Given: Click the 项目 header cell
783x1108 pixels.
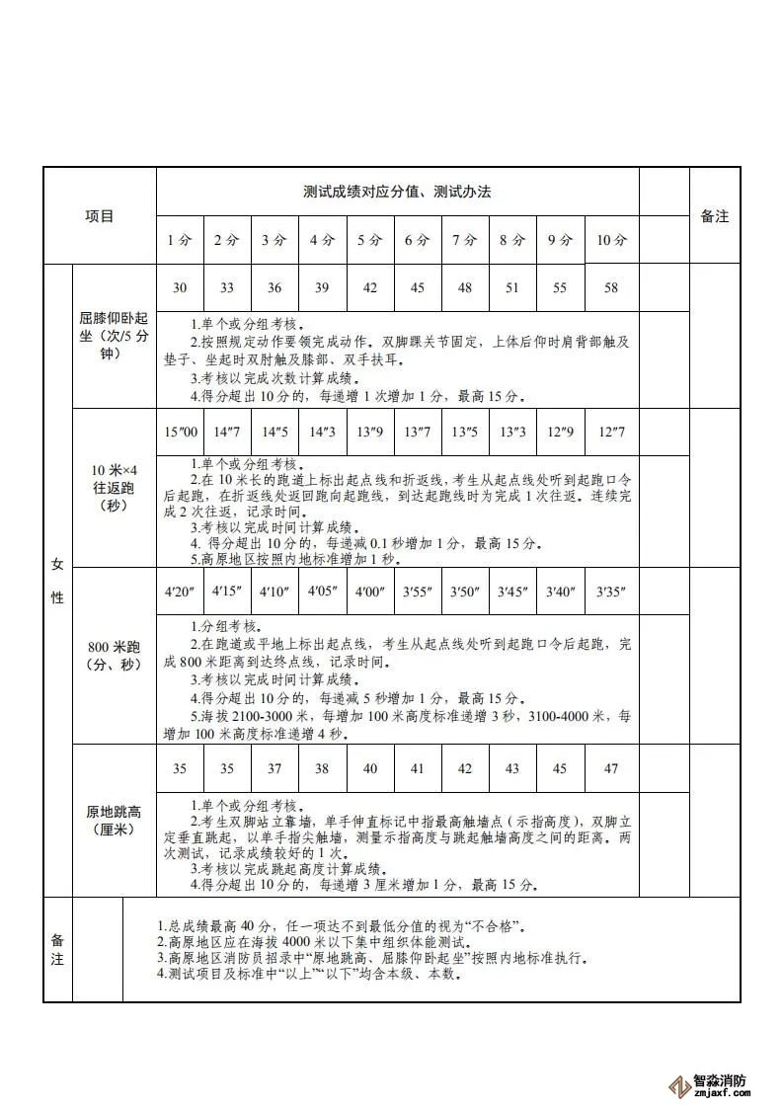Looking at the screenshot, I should click(x=99, y=215).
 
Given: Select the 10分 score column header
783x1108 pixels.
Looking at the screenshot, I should click(x=612, y=240).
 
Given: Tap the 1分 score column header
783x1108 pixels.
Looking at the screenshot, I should click(x=179, y=240).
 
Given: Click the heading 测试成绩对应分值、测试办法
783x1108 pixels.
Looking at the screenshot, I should click(x=397, y=192).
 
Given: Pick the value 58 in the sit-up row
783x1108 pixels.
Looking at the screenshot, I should click(x=612, y=287).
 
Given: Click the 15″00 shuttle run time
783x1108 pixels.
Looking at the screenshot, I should click(x=179, y=433).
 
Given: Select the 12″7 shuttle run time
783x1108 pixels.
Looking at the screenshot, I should click(x=612, y=433).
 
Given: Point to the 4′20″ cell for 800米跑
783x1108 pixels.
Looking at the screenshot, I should click(x=179, y=592).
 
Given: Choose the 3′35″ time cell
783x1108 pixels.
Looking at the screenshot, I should click(x=612, y=592).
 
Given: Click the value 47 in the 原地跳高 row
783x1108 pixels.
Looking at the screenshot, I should click(x=612, y=769).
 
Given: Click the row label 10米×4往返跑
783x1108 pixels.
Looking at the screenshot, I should click(x=114, y=487).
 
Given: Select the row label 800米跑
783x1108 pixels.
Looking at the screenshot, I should click(x=114, y=656).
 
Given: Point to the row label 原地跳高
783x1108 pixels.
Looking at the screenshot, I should click(x=114, y=821).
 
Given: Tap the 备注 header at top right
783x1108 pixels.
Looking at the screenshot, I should click(x=714, y=215).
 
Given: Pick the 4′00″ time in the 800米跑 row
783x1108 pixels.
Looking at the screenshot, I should click(x=370, y=592).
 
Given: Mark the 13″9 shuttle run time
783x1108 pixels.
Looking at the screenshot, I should click(x=370, y=433).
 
